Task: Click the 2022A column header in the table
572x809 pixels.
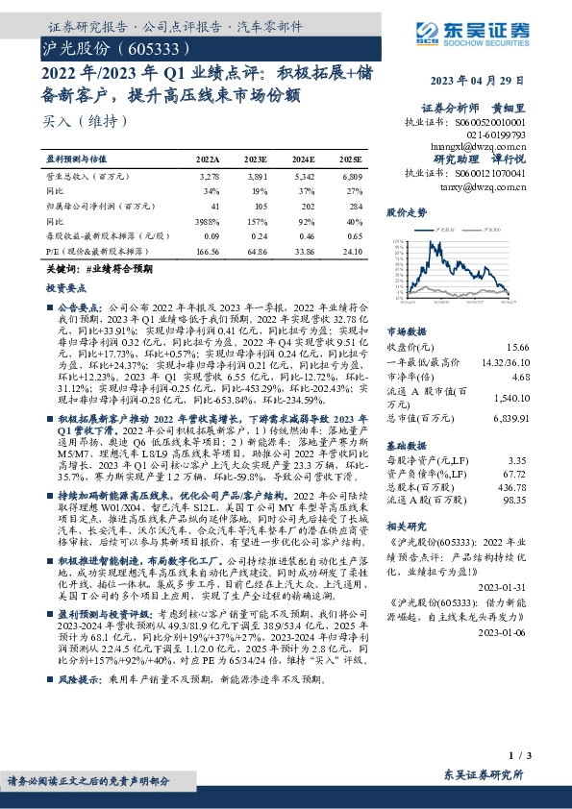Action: tap(209, 159)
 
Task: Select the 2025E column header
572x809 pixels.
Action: tap(351, 159)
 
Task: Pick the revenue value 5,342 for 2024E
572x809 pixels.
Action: tap(303, 178)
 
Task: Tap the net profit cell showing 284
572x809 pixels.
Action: tap(356, 206)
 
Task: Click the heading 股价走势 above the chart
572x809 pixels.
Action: tap(405, 210)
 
